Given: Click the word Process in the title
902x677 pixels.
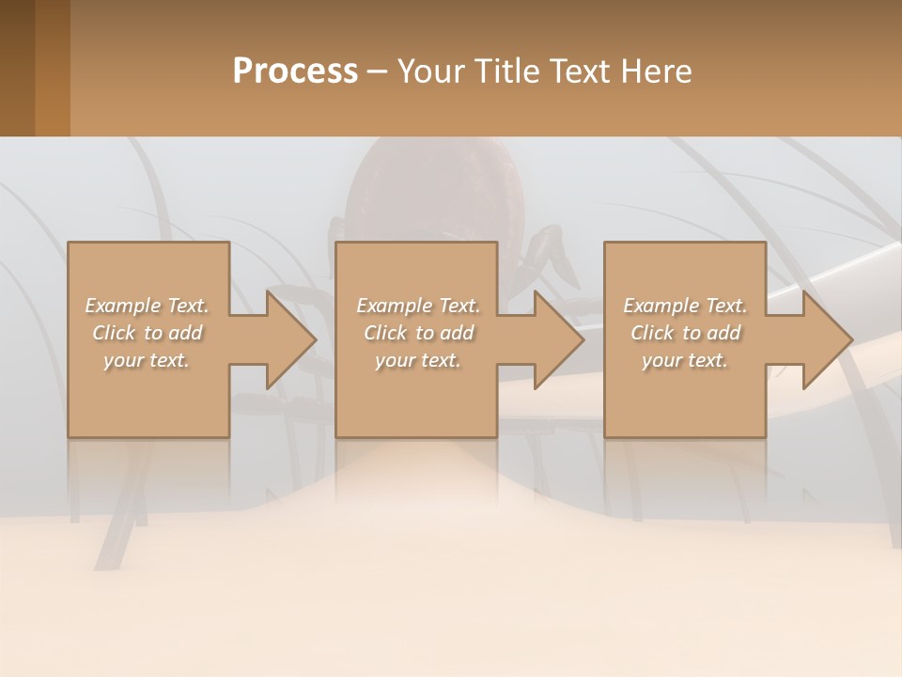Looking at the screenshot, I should coord(295,71).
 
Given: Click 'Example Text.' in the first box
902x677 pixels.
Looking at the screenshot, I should coord(147,306).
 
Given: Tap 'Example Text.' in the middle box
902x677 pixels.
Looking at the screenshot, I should coord(418,306).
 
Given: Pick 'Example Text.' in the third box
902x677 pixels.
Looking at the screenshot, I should coord(685,306).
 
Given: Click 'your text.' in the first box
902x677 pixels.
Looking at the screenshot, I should coord(147,360).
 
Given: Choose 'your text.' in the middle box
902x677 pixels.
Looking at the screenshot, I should coord(418,360).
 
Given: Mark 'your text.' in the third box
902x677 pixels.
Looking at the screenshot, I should coord(685,360).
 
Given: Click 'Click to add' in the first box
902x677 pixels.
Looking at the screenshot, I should coord(147,333).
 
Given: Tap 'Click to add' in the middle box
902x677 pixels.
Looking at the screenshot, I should coord(418,333).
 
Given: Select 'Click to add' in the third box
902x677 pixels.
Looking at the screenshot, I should coord(685,333).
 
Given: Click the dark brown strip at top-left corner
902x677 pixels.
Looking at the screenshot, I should coord(17,68).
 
